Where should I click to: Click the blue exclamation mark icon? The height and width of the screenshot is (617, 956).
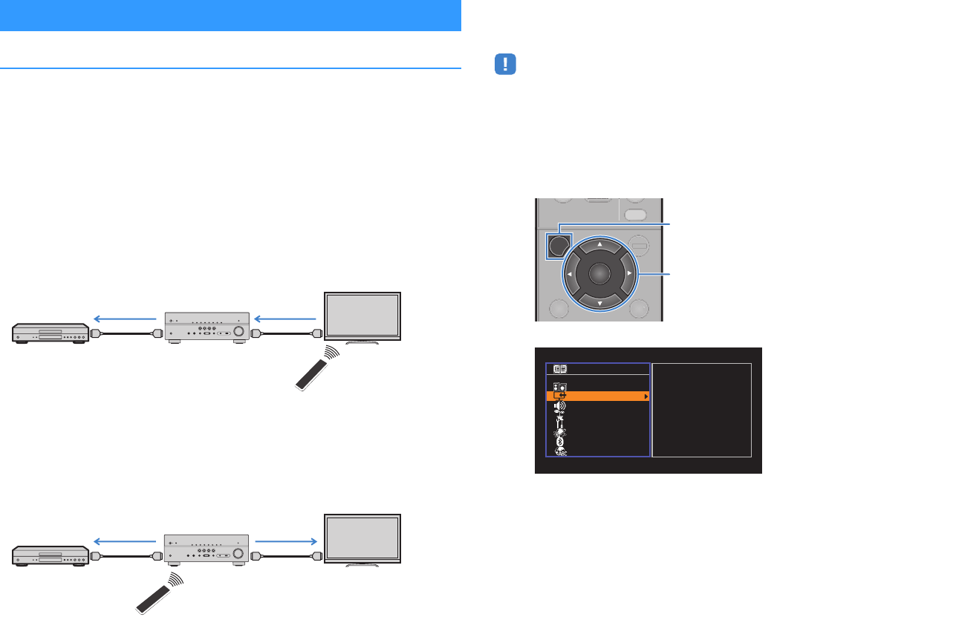pyautogui.click(x=505, y=65)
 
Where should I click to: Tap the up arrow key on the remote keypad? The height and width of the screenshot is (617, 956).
pyautogui.click(x=599, y=243)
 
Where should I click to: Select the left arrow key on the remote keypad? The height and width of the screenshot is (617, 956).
pyautogui.click(x=568, y=273)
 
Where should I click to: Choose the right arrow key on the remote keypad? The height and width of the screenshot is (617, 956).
pyautogui.click(x=629, y=273)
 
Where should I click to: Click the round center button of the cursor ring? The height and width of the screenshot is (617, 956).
pyautogui.click(x=599, y=273)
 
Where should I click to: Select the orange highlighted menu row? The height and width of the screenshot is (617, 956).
pyautogui.click(x=598, y=396)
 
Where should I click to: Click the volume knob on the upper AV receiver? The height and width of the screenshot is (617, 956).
pyautogui.click(x=239, y=332)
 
